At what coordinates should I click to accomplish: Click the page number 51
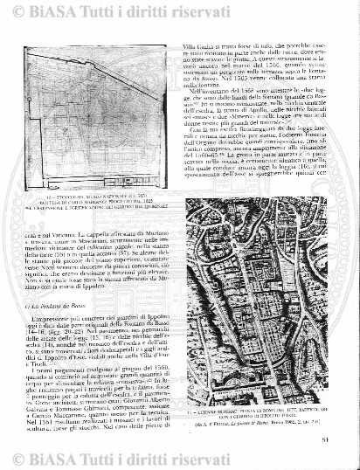347,451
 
